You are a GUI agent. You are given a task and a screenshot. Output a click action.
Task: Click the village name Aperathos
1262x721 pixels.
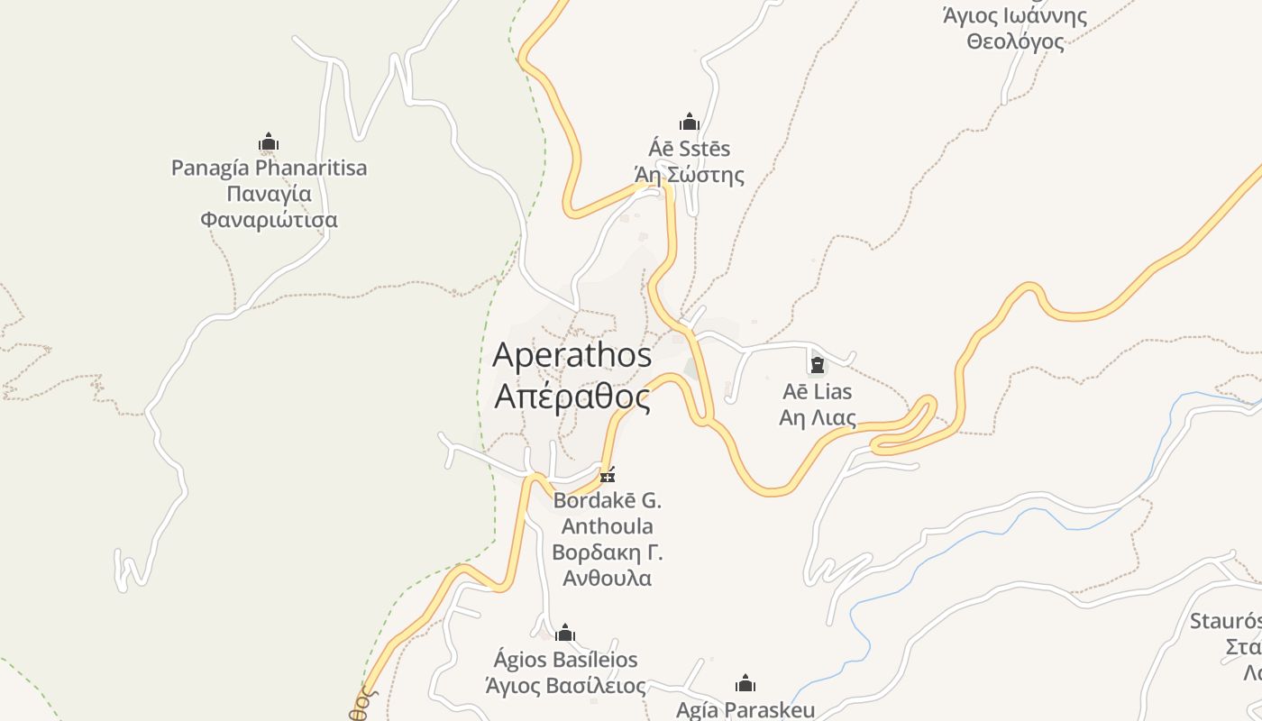572,355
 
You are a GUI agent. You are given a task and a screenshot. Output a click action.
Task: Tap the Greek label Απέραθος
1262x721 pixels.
572,397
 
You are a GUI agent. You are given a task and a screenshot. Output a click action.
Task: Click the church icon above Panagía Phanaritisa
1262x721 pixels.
269,141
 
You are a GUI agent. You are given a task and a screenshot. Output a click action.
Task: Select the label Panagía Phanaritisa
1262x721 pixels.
269,168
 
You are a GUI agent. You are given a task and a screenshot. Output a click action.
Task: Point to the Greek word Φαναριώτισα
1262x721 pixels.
269,220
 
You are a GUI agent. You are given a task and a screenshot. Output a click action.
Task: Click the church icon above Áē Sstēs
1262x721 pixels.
690,122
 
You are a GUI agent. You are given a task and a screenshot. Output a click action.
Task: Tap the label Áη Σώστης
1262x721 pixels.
690,174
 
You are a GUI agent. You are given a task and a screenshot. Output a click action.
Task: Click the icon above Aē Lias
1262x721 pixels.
818,364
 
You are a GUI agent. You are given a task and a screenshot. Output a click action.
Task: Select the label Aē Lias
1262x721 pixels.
818,392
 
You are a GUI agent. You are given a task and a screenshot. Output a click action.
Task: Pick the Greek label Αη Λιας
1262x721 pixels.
818,418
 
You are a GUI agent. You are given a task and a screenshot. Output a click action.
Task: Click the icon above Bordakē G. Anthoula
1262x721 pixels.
608,474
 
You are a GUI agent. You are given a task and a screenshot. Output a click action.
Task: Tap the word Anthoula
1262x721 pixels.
608,526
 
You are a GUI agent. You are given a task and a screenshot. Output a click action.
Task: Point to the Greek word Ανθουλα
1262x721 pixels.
608,579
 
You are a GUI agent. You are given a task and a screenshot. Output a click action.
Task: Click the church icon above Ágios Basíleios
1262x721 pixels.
565,633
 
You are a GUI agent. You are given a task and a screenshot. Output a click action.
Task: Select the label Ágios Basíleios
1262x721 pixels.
565,660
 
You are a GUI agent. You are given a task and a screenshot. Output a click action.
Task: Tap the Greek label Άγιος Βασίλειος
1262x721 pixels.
565,686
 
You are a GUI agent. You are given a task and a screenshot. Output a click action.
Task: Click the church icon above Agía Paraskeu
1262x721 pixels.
745,683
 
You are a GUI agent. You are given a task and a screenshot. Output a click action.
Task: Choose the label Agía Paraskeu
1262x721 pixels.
745,710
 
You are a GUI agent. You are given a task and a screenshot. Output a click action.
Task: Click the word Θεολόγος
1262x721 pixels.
1015,41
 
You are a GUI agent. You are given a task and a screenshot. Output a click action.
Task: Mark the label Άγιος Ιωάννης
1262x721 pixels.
1015,15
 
